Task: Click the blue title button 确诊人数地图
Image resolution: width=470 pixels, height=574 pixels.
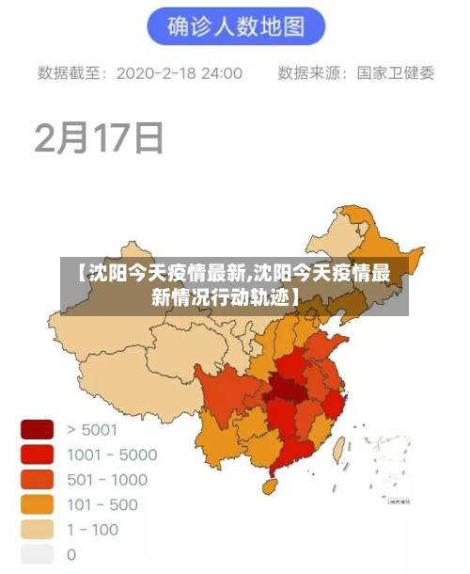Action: pyautogui.click(x=235, y=27)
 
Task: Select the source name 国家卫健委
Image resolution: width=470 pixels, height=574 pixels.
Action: pyautogui.click(x=396, y=73)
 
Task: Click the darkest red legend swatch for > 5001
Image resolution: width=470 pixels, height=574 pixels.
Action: pyautogui.click(x=38, y=430)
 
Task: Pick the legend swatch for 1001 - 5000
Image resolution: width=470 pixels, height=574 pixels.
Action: pyautogui.click(x=38, y=454)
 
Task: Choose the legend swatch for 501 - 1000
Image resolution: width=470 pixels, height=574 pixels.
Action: pyautogui.click(x=38, y=479)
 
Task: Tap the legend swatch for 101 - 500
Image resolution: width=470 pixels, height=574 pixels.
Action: pyautogui.click(x=38, y=504)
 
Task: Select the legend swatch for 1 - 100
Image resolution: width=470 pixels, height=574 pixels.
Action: pyautogui.click(x=38, y=529)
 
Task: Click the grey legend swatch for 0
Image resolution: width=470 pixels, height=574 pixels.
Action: pyautogui.click(x=38, y=554)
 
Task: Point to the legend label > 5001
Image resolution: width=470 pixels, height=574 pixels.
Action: pyautogui.click(x=92, y=430)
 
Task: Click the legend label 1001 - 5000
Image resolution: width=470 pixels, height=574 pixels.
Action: pyautogui.click(x=112, y=454)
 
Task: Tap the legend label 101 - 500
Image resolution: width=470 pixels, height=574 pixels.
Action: pyautogui.click(x=102, y=504)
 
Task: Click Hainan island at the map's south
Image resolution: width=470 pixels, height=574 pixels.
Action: pyautogui.click(x=267, y=486)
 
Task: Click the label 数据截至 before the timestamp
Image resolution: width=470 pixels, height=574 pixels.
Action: pyautogui.click(x=72, y=73)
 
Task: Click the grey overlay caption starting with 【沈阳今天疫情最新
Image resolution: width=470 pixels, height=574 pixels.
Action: pyautogui.click(x=235, y=286)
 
